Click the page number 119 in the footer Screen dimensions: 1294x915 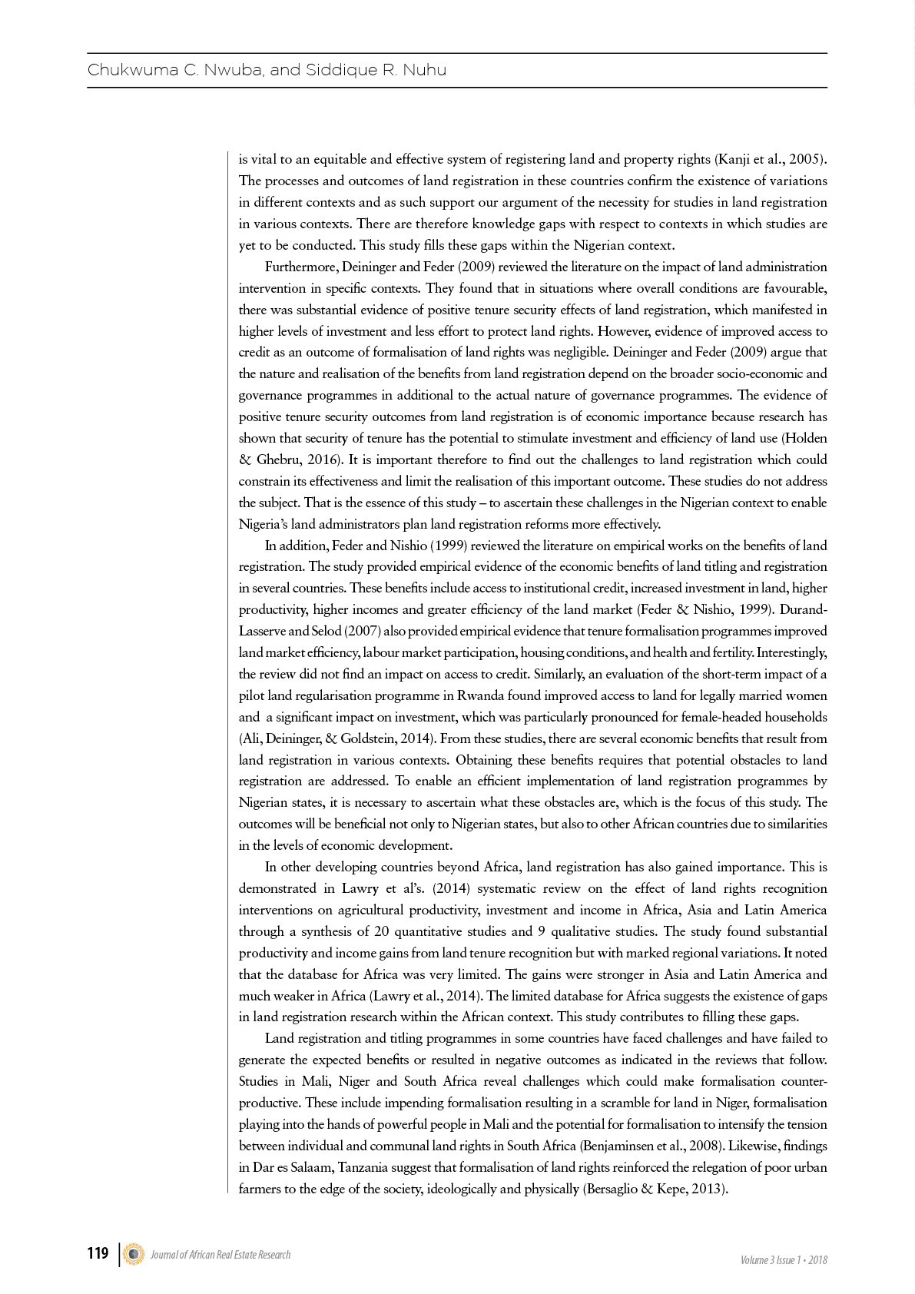(98, 1254)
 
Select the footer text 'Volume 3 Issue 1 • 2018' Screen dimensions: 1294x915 (784, 1260)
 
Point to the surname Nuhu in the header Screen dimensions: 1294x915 (425, 70)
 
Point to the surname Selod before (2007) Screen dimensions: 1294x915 (326, 632)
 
